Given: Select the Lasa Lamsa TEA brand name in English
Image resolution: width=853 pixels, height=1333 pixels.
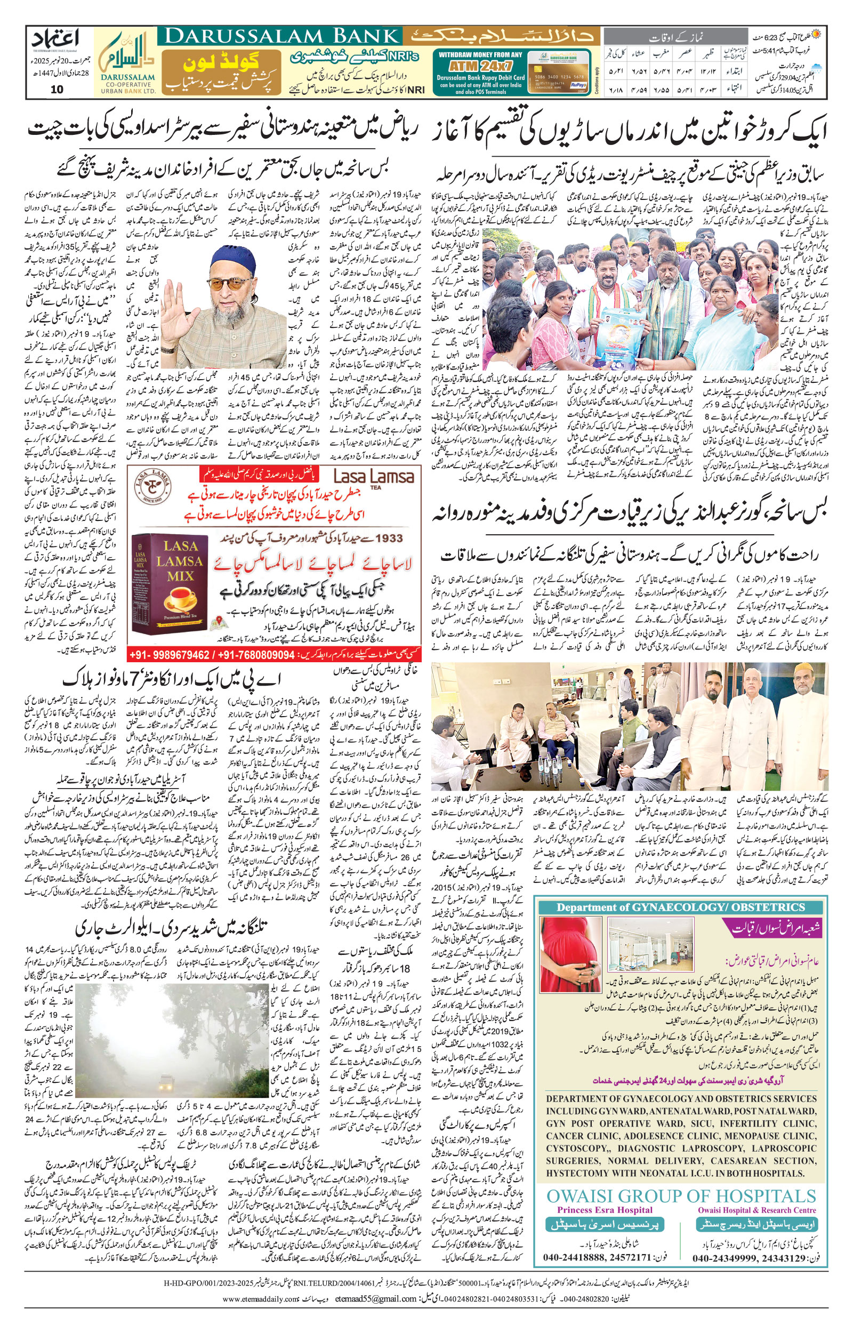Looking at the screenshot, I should coord(374,477).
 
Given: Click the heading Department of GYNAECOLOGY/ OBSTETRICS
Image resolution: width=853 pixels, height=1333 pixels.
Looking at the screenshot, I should coord(680,907).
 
